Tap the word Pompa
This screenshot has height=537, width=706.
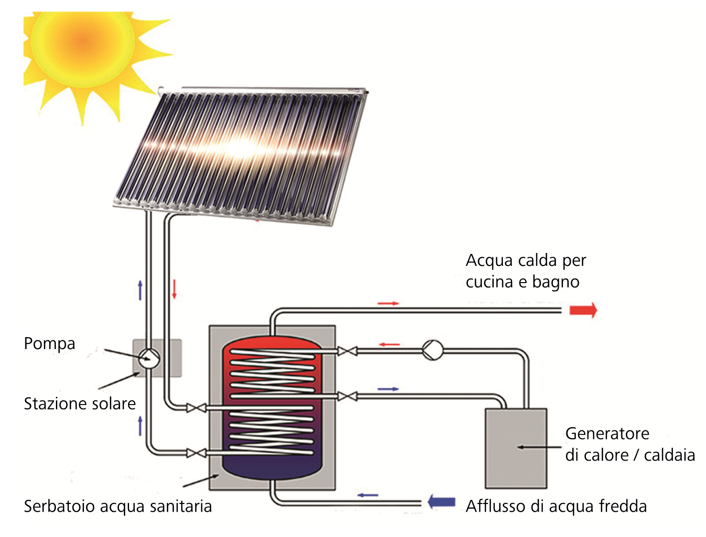click(x=50, y=344)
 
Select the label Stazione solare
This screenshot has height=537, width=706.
click(x=80, y=404)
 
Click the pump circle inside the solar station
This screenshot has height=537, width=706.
click(x=149, y=358)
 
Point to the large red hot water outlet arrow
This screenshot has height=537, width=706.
click(x=583, y=310)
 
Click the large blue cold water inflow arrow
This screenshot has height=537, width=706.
click(x=441, y=502)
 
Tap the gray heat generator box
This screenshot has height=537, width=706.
click(x=516, y=449)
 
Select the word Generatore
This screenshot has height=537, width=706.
click(x=607, y=434)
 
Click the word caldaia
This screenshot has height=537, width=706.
click(x=670, y=455)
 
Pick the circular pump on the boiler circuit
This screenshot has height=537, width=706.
click(x=432, y=350)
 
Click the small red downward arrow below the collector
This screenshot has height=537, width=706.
click(x=174, y=289)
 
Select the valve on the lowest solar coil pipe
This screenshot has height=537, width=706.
click(x=196, y=453)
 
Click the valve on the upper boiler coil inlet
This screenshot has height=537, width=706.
click(x=347, y=351)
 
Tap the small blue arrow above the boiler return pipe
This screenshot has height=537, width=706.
click(x=388, y=389)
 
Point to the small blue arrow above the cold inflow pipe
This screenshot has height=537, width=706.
click(x=368, y=495)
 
